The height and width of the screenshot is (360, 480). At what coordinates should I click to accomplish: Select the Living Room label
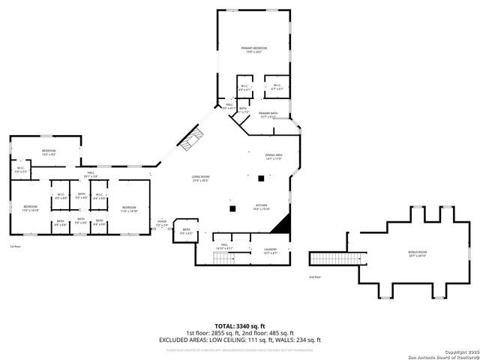(199, 178)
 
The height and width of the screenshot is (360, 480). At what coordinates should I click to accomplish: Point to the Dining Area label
(273, 157)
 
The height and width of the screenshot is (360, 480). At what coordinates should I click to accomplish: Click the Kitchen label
(260, 207)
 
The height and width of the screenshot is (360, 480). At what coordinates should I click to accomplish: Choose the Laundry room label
(270, 250)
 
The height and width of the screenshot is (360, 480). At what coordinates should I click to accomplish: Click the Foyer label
(161, 223)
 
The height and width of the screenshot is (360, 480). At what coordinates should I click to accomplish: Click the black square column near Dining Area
(261, 178)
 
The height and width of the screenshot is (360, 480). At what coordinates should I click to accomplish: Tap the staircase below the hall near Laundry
(223, 259)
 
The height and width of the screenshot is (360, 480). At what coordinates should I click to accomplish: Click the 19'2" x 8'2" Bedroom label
(49, 152)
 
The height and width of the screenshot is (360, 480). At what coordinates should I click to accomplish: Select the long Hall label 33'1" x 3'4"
(90, 175)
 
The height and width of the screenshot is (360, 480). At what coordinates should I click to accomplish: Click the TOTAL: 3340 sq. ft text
(239, 326)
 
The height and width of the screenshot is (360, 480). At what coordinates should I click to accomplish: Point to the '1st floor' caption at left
(14, 246)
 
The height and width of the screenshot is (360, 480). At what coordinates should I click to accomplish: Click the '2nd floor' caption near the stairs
(314, 277)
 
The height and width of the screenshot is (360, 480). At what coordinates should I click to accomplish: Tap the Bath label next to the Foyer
(187, 231)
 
